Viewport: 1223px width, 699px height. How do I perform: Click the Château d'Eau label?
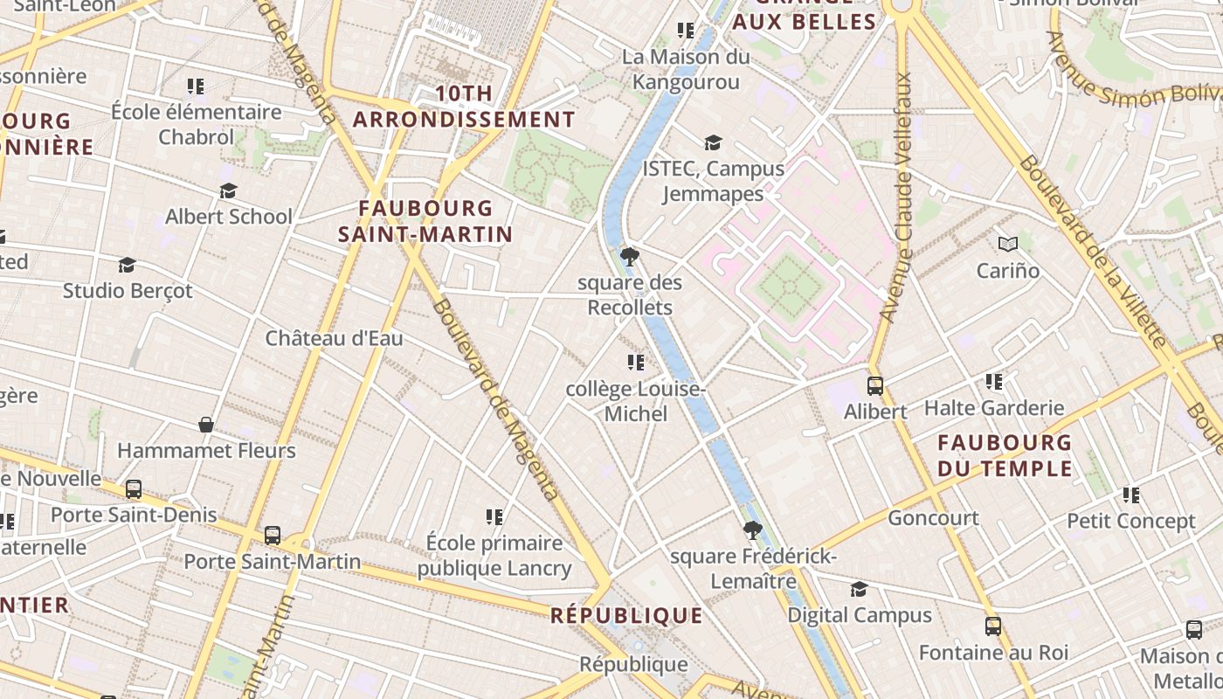click(x=334, y=338)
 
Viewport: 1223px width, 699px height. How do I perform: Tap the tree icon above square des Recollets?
click(x=629, y=257)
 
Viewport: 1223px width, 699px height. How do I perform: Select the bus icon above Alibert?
click(x=874, y=385)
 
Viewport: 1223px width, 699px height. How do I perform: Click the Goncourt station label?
click(x=933, y=518)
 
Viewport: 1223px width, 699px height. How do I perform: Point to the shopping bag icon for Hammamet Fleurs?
click(x=206, y=425)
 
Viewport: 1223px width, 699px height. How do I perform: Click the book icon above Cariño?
click(x=1008, y=245)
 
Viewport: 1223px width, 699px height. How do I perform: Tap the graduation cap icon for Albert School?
click(x=228, y=190)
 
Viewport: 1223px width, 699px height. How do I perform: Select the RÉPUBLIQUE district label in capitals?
click(x=626, y=616)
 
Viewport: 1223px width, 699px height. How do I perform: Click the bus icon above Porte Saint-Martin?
click(x=273, y=535)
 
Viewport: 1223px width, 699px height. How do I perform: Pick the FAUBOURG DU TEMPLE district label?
click(x=1005, y=455)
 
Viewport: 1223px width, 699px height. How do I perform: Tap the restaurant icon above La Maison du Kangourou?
click(x=686, y=31)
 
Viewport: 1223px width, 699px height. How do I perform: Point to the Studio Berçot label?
click(x=128, y=291)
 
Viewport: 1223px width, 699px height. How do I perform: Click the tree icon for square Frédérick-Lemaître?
click(x=752, y=529)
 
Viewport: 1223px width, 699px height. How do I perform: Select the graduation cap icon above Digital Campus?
click(x=860, y=589)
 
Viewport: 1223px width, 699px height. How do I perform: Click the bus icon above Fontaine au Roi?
click(x=993, y=626)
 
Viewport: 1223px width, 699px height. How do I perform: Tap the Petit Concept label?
click(x=1131, y=522)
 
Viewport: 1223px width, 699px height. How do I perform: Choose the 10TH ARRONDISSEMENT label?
click(x=464, y=107)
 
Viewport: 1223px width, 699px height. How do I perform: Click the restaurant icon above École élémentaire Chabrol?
click(x=196, y=86)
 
